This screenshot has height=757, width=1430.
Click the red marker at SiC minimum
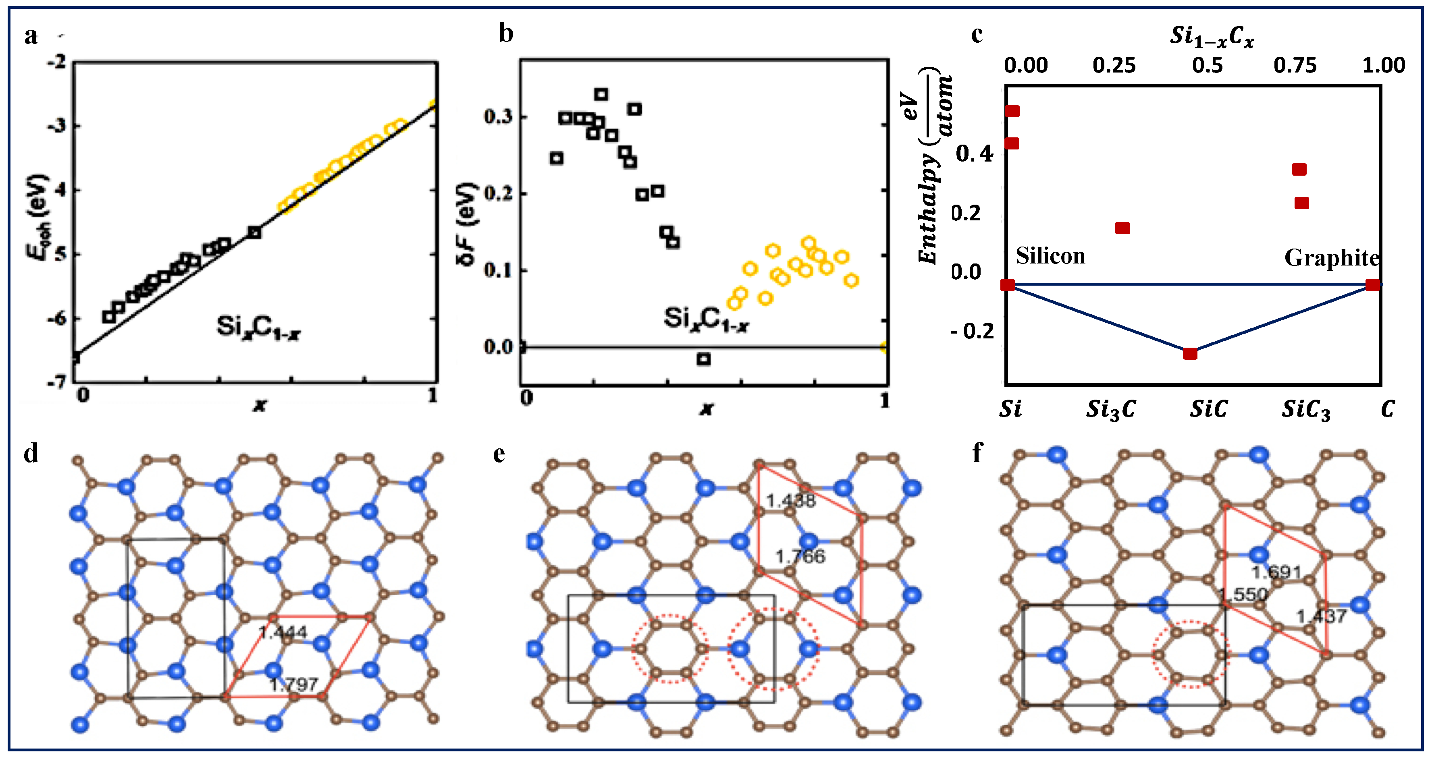click(x=1190, y=354)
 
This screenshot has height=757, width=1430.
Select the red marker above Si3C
click(x=1122, y=228)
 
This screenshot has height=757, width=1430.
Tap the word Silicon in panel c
click(x=1050, y=256)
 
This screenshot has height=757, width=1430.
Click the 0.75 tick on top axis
click(x=1295, y=66)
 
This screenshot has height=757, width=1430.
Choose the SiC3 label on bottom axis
click(x=1305, y=410)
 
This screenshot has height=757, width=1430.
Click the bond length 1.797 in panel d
click(x=294, y=684)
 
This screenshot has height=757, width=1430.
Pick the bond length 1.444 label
click(x=283, y=632)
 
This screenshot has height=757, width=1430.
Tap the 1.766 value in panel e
click(x=800, y=556)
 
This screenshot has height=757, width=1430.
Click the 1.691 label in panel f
click(x=1276, y=572)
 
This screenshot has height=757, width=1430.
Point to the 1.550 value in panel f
click(x=1244, y=595)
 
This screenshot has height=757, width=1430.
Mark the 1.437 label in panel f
click(x=1321, y=616)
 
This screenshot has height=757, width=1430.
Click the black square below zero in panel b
click(x=703, y=359)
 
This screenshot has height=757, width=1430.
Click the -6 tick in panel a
click(x=56, y=319)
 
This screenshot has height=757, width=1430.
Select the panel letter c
click(x=977, y=34)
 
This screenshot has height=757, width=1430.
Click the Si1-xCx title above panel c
click(x=1212, y=36)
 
